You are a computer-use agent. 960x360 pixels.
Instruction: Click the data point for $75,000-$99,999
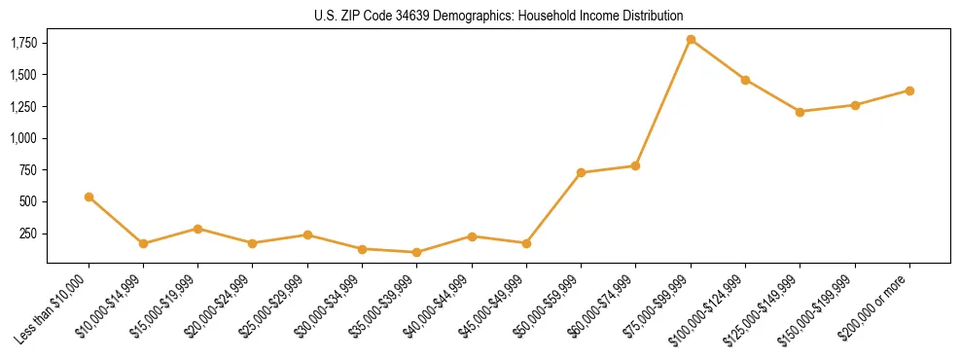[x=691, y=40]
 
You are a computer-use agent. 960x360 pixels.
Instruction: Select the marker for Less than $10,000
[x=89, y=197]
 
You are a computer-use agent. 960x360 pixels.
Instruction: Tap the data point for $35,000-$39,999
[x=417, y=252]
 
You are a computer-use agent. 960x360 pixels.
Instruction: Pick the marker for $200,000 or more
[x=909, y=90]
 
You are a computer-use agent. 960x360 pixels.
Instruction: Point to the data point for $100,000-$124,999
[x=745, y=80]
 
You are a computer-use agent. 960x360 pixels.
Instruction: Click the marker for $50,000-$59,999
[x=581, y=173]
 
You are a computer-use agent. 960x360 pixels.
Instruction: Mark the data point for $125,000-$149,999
[x=800, y=112]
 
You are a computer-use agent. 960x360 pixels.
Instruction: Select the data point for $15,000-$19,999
[x=198, y=229]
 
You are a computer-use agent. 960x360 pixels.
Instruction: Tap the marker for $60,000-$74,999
[x=635, y=165]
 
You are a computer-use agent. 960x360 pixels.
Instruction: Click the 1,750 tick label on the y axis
[x=22, y=44]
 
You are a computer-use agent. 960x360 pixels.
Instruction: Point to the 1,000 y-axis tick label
[x=22, y=138]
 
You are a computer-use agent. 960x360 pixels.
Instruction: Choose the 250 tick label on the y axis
[x=27, y=234]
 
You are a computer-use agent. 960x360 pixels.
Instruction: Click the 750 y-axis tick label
[x=27, y=170]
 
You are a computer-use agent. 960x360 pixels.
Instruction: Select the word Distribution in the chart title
[x=651, y=17]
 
